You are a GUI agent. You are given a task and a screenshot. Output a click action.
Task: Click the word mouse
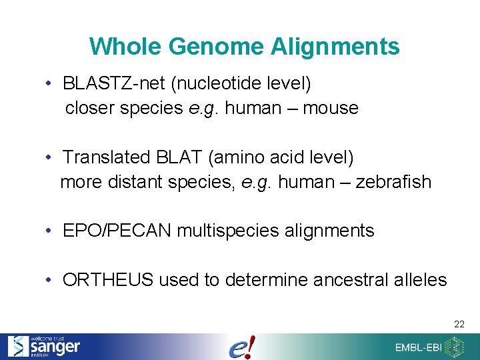pyautogui.click(x=331, y=108)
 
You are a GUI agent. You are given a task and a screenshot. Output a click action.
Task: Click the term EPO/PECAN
pyautogui.click(x=117, y=231)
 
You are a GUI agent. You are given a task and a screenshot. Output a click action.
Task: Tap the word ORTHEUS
pyautogui.click(x=108, y=280)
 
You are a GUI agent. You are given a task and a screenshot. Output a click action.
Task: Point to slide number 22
pyautogui.click(x=459, y=324)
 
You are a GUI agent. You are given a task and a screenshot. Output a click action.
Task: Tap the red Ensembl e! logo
pyautogui.click(x=241, y=347)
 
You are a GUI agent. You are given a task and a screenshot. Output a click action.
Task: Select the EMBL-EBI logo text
pyautogui.click(x=418, y=347)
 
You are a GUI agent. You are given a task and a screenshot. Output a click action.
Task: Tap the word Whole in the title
pyautogui.click(x=126, y=47)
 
